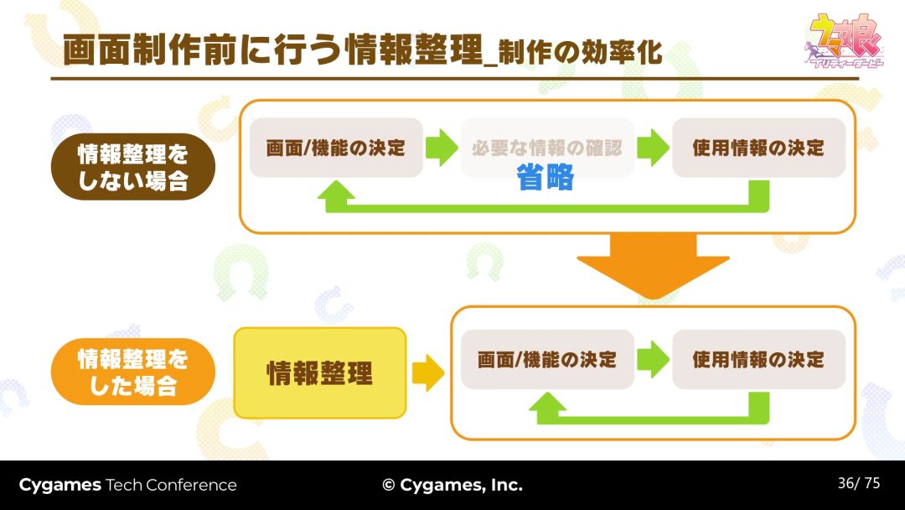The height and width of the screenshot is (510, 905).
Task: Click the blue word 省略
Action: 546,178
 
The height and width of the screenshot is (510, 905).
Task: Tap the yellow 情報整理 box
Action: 319,373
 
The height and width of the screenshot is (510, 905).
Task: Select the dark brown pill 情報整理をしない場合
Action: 133,166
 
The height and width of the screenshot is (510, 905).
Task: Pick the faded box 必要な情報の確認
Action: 547,148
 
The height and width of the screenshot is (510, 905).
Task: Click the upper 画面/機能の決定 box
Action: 336,148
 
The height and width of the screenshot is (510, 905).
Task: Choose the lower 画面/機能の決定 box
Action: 547,360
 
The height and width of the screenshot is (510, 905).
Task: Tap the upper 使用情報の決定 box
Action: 758,148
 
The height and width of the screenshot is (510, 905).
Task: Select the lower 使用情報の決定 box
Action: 758,360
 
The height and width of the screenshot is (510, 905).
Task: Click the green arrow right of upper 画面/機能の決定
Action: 442,148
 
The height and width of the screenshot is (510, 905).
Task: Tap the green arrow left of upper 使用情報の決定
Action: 653,148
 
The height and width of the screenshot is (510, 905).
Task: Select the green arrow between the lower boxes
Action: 653,360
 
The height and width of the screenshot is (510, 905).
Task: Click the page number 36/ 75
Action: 859,483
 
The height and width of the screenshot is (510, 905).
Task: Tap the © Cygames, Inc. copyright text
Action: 452,485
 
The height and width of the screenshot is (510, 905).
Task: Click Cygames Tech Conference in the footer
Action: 127,485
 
